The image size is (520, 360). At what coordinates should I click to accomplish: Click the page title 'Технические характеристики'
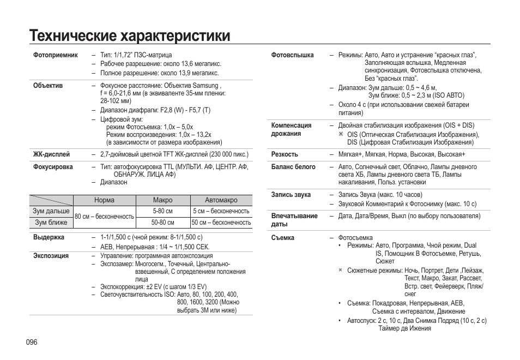(130, 35)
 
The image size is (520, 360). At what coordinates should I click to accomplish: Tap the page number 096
(31, 342)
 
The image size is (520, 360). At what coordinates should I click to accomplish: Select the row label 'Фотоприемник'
(56, 55)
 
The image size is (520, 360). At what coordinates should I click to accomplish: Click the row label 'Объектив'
(48, 86)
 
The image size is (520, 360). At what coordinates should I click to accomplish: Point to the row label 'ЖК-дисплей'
(52, 154)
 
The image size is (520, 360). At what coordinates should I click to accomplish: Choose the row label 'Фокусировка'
(53, 167)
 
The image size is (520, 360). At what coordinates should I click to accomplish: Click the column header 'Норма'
(104, 200)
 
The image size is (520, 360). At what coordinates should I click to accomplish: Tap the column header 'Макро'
(162, 200)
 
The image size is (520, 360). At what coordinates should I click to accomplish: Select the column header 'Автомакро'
(221, 200)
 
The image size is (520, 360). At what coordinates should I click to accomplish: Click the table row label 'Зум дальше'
(51, 211)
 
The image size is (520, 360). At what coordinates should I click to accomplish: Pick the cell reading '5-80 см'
(162, 211)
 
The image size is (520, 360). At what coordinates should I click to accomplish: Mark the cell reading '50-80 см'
(162, 223)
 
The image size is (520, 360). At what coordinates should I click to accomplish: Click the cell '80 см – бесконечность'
(104, 217)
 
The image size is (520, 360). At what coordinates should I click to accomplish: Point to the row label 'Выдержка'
(49, 237)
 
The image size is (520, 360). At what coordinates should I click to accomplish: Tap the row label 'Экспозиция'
(51, 255)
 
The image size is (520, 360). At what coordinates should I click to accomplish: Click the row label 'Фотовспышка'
(293, 55)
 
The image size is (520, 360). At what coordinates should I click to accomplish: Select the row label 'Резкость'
(285, 154)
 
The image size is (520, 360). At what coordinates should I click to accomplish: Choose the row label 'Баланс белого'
(293, 167)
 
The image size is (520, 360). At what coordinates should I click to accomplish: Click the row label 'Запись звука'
(291, 195)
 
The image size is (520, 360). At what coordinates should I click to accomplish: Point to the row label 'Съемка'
(283, 238)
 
